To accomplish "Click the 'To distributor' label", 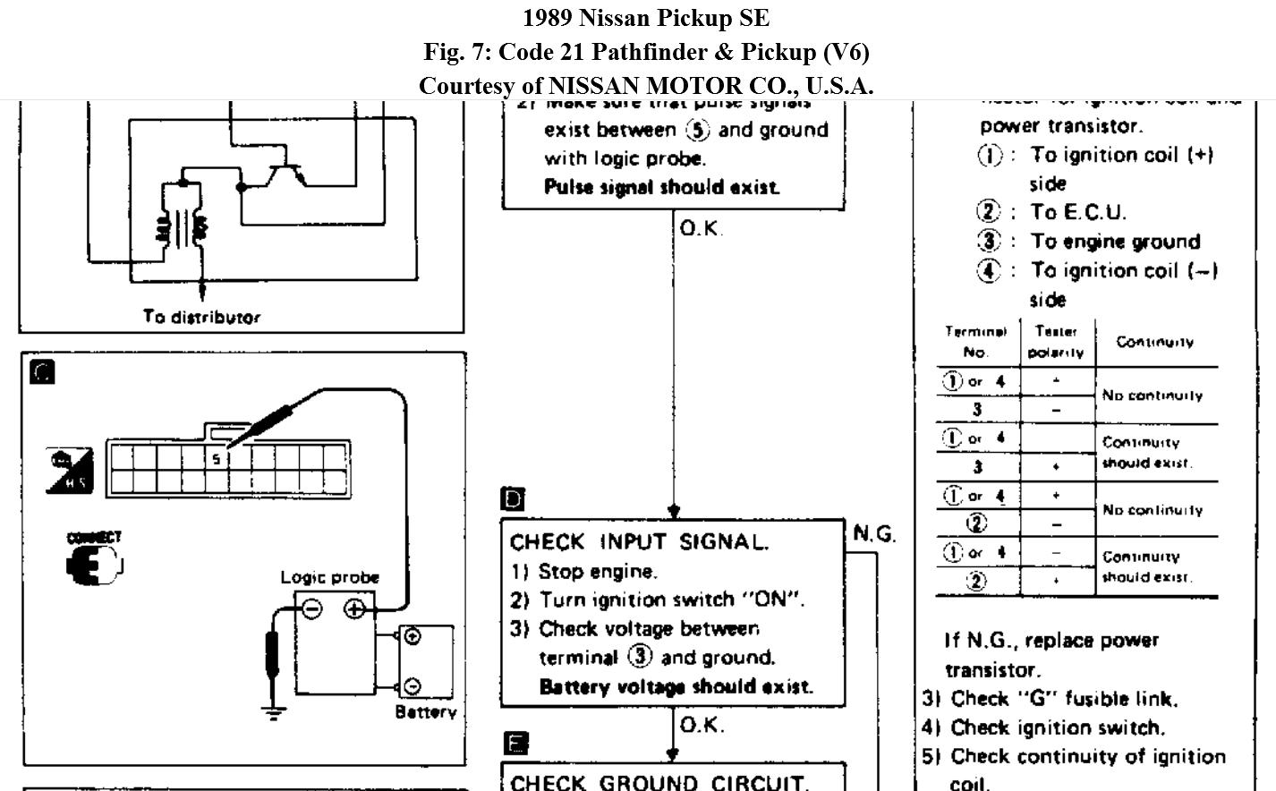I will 201,317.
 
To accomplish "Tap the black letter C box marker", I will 42,372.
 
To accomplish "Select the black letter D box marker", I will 514,499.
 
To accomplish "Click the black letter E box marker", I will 516,743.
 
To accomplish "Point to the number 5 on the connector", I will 216,459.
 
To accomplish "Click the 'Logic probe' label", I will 329,577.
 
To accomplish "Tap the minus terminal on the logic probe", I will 311,609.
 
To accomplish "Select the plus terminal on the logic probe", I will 355,609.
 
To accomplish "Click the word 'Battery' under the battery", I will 426,712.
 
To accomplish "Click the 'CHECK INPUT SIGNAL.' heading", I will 639,542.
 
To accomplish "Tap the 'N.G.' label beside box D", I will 874,534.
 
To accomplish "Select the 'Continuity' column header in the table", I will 1154,342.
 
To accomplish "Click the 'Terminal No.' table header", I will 975,342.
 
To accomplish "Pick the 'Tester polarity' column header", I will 1056,342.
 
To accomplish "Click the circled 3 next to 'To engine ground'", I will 989,241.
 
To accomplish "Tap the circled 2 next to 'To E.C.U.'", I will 989,212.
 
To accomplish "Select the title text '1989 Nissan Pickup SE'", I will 645,18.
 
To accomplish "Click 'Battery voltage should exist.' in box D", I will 676,687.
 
